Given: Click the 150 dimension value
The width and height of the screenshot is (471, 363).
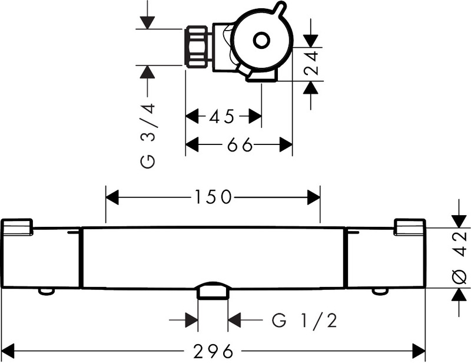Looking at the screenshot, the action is (x=213, y=197).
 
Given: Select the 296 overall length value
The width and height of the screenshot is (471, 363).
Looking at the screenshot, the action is (x=213, y=351).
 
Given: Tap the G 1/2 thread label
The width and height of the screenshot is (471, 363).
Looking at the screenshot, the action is (x=304, y=321).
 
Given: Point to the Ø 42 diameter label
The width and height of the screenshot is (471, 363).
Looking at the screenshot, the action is (x=460, y=258).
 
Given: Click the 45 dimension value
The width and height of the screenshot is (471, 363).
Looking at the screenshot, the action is (x=222, y=117).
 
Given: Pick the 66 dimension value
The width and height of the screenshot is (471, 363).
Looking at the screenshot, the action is (x=240, y=145).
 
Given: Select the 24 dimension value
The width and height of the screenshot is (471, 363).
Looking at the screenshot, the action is (x=311, y=63).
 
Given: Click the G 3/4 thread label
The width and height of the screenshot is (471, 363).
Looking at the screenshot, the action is (x=148, y=136).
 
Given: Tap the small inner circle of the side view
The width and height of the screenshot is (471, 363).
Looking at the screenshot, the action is (x=261, y=40).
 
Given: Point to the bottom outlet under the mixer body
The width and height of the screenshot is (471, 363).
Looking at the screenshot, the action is (x=213, y=291).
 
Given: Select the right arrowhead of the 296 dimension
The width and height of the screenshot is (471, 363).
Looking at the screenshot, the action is (x=419, y=351).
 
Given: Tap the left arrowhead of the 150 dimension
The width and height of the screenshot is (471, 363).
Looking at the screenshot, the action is (x=112, y=197).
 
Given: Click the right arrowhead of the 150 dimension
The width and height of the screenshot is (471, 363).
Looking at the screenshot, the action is (x=314, y=197).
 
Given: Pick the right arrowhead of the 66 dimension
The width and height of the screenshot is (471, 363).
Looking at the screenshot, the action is (x=286, y=144).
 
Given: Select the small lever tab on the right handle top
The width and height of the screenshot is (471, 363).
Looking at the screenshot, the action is (x=410, y=226).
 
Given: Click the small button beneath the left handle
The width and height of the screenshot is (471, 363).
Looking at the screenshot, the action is (x=47, y=292).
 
